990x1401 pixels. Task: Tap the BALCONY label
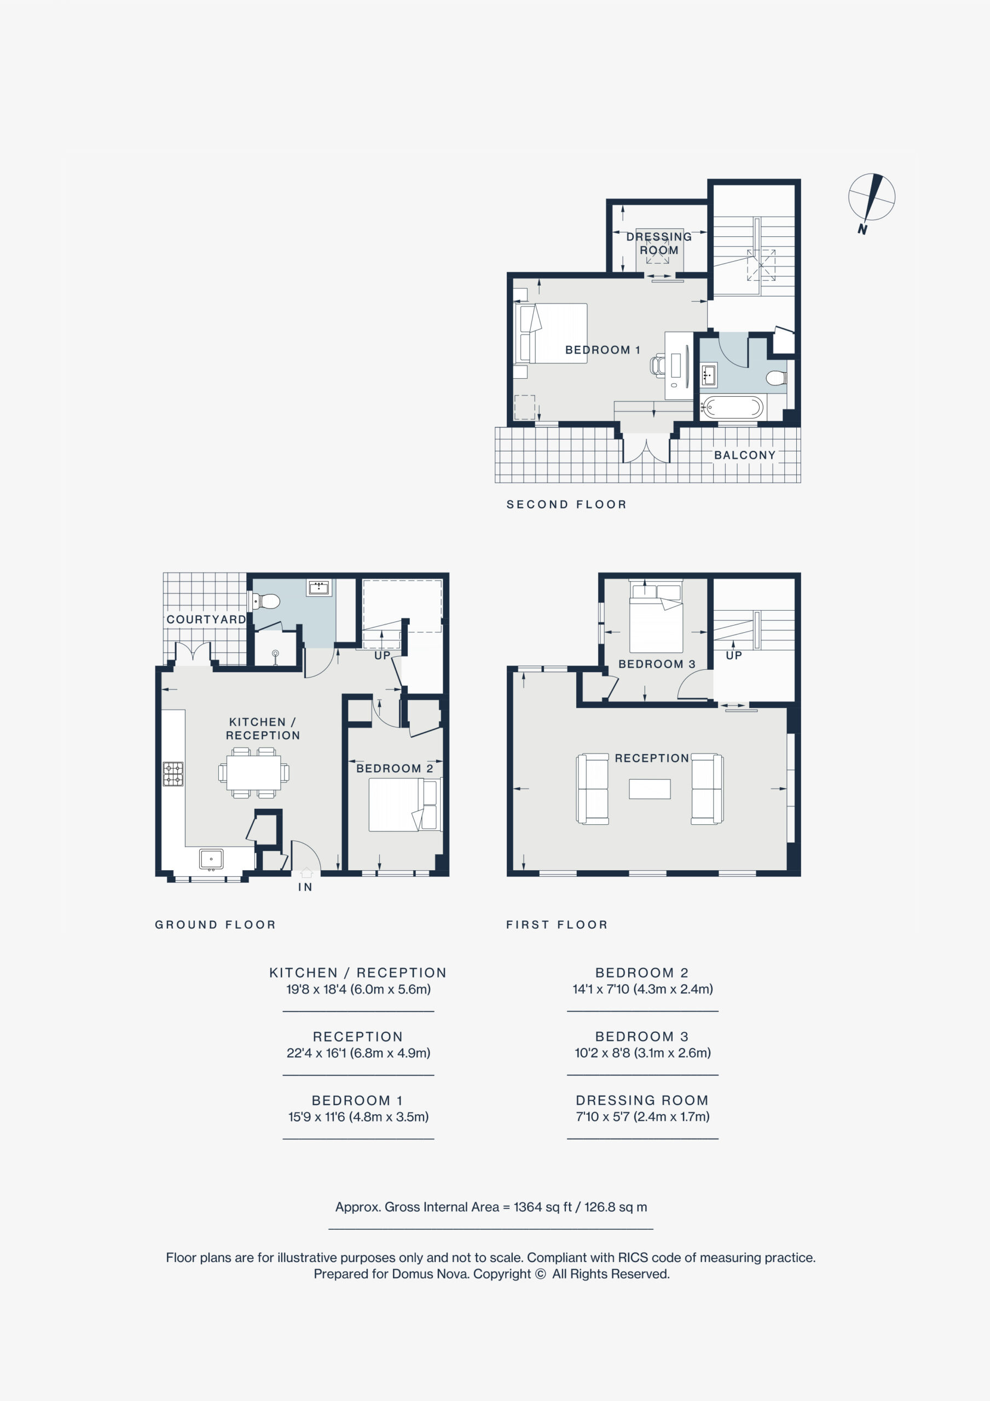tap(745, 455)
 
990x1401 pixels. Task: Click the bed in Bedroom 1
tap(551, 333)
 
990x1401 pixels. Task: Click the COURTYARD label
tap(206, 620)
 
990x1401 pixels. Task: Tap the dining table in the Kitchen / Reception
tap(254, 773)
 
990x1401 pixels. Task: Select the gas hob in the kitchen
tap(173, 774)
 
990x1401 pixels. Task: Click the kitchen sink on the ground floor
tap(211, 859)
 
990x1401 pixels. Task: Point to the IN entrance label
tap(305, 887)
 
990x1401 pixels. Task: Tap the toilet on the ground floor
tap(264, 601)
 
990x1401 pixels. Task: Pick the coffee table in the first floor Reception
tap(650, 789)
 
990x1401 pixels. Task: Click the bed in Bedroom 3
tap(656, 618)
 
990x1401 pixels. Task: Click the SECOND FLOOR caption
tap(566, 505)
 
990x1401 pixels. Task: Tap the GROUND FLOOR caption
tap(216, 924)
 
